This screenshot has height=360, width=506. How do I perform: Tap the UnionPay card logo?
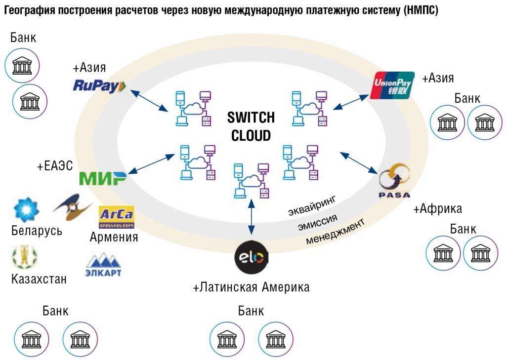tap(392, 85)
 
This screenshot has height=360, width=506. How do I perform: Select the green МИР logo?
tap(103, 178)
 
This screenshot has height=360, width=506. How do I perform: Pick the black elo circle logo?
tap(252, 257)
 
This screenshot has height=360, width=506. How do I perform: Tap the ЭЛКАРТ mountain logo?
tap(104, 265)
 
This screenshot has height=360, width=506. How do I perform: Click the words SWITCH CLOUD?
tap(251, 126)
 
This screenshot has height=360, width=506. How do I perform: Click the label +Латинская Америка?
tap(251, 287)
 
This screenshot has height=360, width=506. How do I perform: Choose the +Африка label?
tap(437, 208)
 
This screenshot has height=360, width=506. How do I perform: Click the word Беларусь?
tap(37, 231)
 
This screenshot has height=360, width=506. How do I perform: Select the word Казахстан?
tap(39, 279)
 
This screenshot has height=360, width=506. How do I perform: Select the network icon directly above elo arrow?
tap(252, 181)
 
